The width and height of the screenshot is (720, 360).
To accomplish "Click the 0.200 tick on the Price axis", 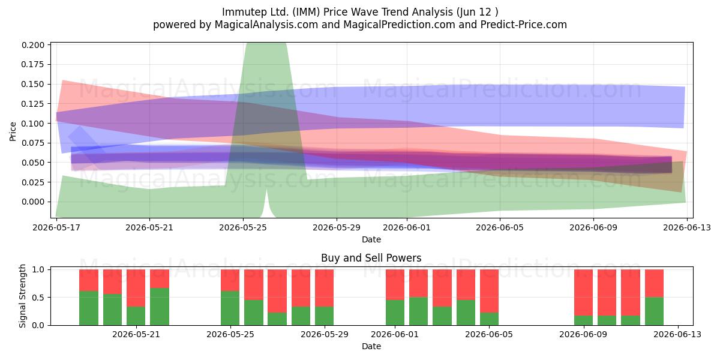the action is [x=33, y=45].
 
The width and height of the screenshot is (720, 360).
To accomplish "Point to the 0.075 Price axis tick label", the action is [x=33, y=143].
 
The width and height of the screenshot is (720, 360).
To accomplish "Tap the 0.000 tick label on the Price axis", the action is [x=33, y=202].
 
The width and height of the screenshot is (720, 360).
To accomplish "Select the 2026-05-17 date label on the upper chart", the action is [x=56, y=227].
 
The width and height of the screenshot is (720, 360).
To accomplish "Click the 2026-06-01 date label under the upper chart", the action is [x=407, y=227].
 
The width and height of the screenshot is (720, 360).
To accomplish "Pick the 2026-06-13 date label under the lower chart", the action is [x=678, y=334].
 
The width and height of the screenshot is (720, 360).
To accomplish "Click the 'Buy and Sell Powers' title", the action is [x=371, y=258].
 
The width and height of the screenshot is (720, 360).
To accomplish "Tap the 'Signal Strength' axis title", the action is [x=22, y=296].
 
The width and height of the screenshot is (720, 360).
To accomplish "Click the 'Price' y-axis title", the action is [x=13, y=131].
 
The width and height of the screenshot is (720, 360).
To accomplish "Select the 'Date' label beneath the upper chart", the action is [x=371, y=239].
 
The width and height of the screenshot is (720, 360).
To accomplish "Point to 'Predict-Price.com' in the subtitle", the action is [x=524, y=25].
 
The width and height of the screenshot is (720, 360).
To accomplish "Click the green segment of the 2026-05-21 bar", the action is [x=160, y=307].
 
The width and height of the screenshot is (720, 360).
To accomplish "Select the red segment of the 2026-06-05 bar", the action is [x=489, y=291].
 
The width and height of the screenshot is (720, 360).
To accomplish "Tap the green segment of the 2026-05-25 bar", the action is [x=230, y=308].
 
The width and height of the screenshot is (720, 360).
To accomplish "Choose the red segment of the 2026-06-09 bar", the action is [x=583, y=293].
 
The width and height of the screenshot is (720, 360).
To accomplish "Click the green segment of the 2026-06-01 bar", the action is [x=395, y=313].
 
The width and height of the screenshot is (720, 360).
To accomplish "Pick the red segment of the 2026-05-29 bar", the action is [x=325, y=289].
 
